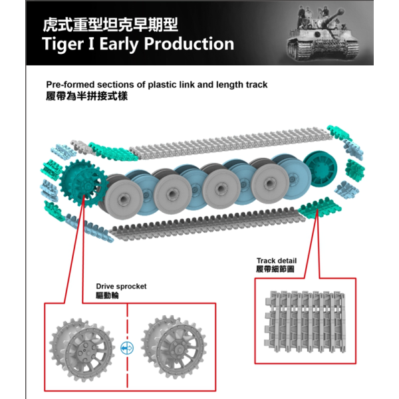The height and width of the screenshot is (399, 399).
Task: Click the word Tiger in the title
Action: coord(66,45)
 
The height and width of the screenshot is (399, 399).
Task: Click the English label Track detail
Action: coord(277,261)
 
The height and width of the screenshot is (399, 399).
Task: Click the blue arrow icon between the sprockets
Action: coord(128,347)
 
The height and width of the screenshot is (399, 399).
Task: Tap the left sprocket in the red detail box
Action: coord(84,342)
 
